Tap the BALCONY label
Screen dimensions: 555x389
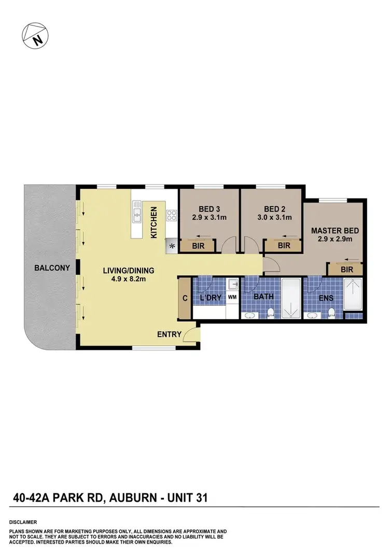pyautogui.click(x=52, y=268)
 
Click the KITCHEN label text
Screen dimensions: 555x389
pyautogui.click(x=154, y=222)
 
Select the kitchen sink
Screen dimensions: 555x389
pyautogui.click(x=137, y=212)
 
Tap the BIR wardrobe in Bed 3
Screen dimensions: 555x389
pyautogui.click(x=198, y=246)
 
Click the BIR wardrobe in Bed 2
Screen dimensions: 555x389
pyautogui.click(x=284, y=246)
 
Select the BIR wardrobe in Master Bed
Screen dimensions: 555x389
pyautogui.click(x=347, y=269)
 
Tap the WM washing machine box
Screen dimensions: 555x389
pyautogui.click(x=232, y=297)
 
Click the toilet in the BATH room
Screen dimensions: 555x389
pyautogui.click(x=270, y=313)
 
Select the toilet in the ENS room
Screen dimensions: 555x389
pyautogui.click(x=331, y=313)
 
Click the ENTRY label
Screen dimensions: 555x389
pyautogui.click(x=169, y=334)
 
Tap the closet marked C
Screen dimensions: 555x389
pyautogui.click(x=184, y=298)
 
